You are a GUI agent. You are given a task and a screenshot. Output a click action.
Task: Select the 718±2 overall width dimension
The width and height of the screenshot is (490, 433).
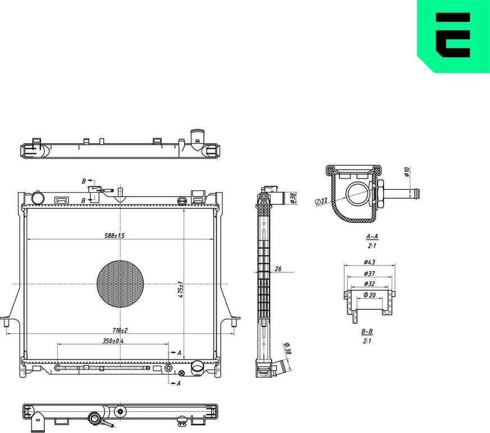118,331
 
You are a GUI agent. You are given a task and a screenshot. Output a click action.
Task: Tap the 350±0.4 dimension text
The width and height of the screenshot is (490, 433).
113,341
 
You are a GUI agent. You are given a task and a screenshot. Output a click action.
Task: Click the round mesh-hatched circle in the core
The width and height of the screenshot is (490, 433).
120,284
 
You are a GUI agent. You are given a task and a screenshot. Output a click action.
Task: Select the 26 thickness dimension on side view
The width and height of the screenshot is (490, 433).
277,269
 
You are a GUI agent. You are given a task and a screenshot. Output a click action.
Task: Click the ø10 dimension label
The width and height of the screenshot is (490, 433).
407,172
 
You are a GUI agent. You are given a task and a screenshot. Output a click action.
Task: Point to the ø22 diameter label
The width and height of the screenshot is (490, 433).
321,201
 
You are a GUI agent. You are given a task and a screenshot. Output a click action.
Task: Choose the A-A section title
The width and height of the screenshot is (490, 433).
371,237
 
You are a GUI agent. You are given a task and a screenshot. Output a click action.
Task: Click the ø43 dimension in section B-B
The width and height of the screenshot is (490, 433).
369,262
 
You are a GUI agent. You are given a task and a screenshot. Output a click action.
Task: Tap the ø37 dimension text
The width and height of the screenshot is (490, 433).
369,274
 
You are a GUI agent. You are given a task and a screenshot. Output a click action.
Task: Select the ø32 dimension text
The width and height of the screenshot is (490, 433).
369,284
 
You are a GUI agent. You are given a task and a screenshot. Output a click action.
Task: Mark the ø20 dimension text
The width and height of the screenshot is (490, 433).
369,295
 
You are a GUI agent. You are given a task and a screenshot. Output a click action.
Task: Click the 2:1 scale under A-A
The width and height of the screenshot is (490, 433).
371,246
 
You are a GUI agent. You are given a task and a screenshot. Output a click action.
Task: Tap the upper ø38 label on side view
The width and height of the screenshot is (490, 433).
292,198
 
